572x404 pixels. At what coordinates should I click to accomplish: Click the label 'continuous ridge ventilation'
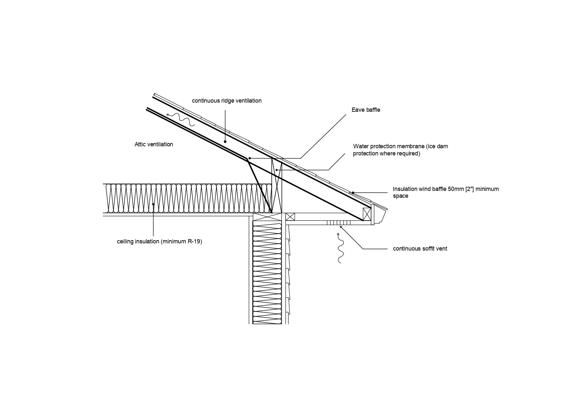(x=227, y=101)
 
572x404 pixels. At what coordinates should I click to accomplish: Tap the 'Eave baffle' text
(x=366, y=110)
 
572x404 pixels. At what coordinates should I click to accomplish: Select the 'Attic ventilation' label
(x=154, y=144)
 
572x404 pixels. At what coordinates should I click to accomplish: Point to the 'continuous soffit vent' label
(x=420, y=249)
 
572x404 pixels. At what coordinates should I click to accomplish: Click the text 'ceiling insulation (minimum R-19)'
(x=159, y=241)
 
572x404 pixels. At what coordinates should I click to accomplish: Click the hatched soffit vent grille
(x=339, y=223)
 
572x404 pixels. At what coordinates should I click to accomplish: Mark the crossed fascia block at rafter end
(x=367, y=214)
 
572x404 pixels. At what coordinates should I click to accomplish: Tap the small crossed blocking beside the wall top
(x=290, y=217)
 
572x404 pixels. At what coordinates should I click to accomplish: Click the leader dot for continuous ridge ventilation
(x=225, y=142)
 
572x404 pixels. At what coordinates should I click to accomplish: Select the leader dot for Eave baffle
(x=249, y=158)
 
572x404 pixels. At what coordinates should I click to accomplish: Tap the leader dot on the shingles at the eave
(x=353, y=193)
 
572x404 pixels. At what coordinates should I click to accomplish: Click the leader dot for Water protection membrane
(x=276, y=170)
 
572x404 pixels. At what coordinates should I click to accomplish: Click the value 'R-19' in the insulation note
(x=195, y=241)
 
